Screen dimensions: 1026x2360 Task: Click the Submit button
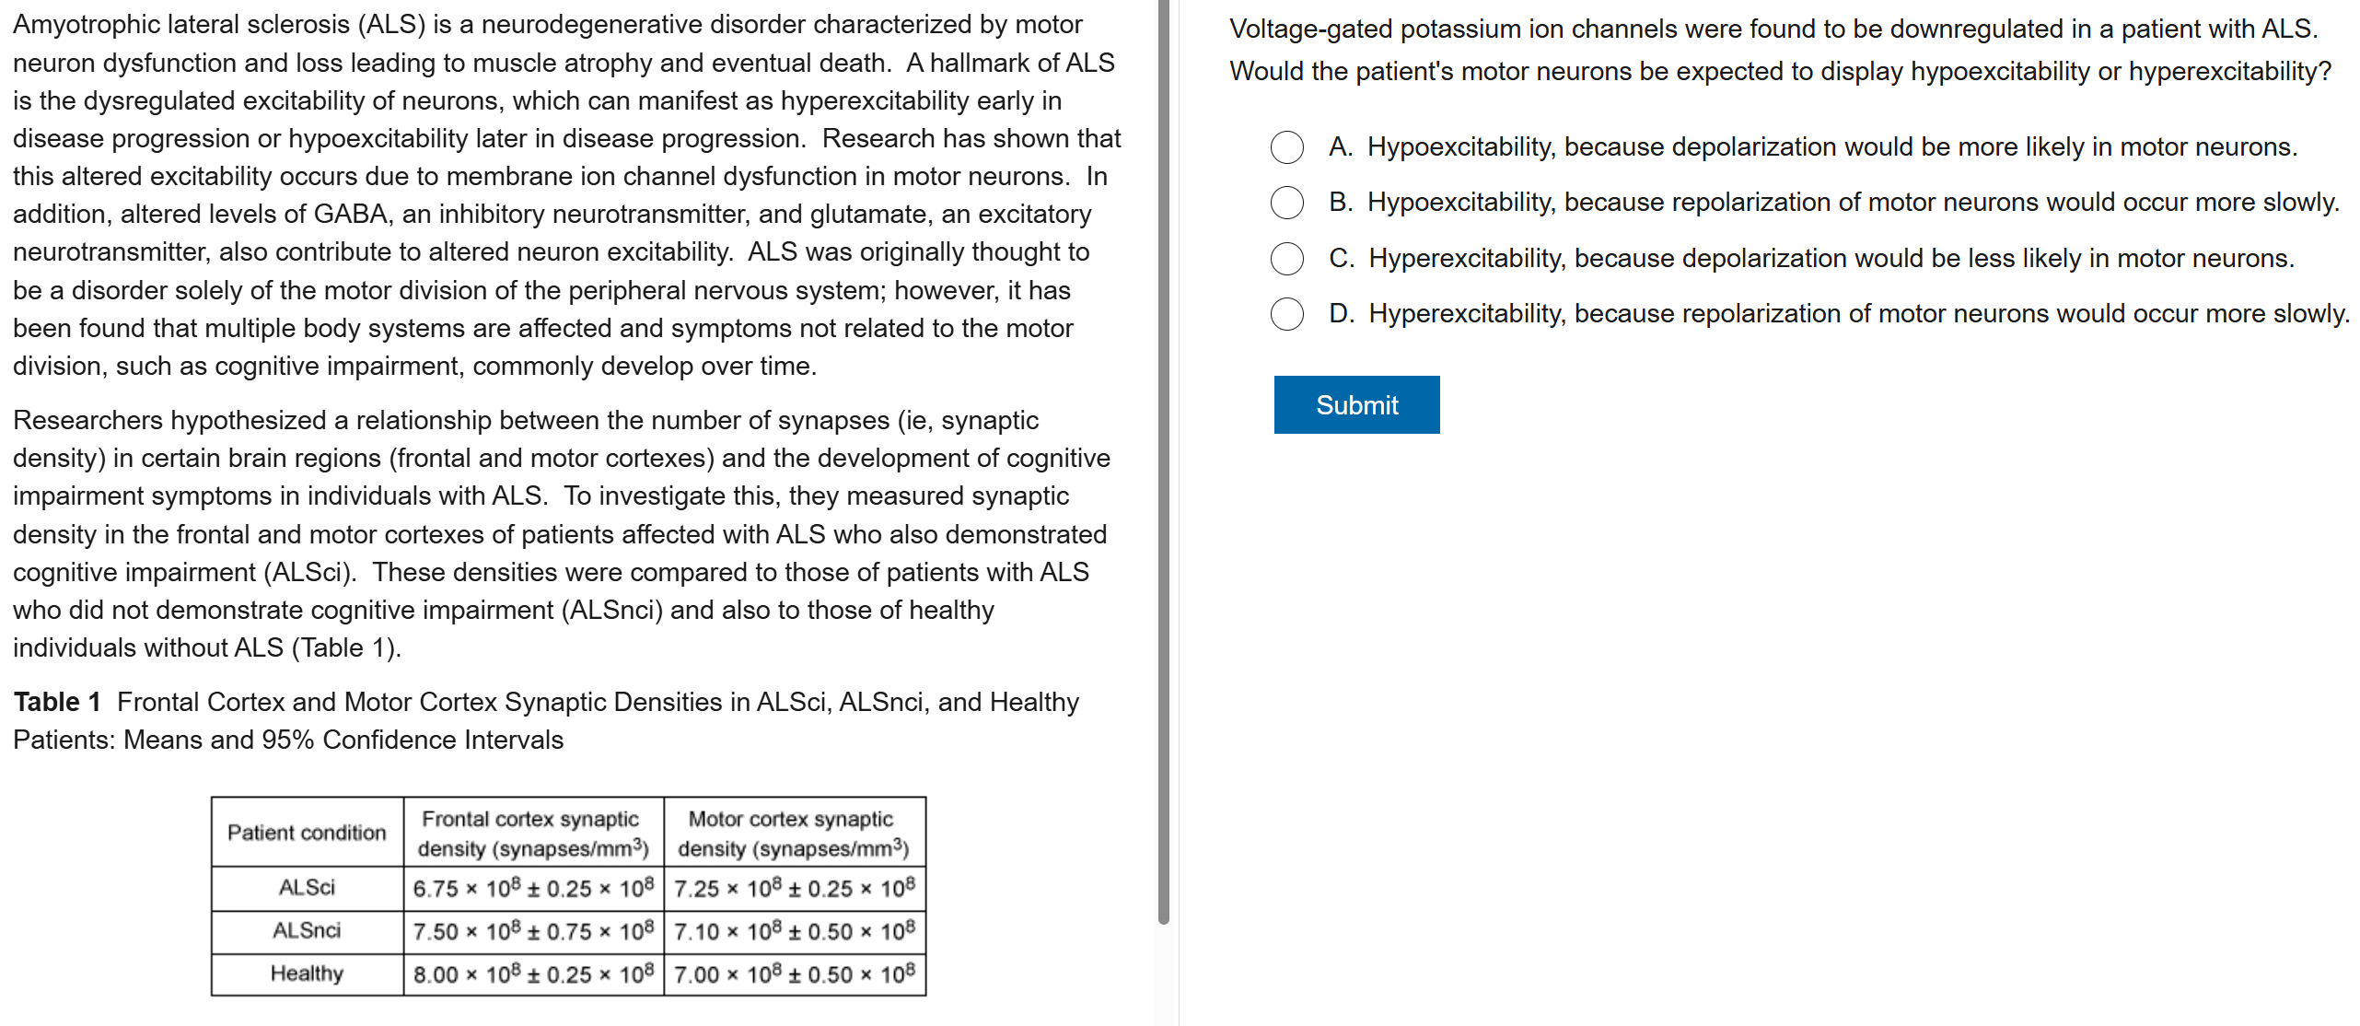pyautogui.click(x=1356, y=404)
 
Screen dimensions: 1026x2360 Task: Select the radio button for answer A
pyautogui.click(x=1286, y=147)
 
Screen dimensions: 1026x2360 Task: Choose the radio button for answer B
pyautogui.click(x=1286, y=203)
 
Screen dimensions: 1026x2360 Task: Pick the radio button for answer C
pyautogui.click(x=1286, y=259)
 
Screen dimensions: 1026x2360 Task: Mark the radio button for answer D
pyautogui.click(x=1286, y=314)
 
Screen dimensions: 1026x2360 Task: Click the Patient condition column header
pyautogui.click(x=307, y=833)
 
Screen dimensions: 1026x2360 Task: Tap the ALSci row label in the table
pyautogui.click(x=307, y=888)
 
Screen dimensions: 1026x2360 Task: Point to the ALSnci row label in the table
pyautogui.click(x=307, y=931)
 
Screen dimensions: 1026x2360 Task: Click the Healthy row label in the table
pyautogui.click(x=307, y=974)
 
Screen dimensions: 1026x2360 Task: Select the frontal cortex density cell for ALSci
pyautogui.click(x=533, y=888)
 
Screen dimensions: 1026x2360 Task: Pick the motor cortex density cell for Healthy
pyautogui.click(x=794, y=974)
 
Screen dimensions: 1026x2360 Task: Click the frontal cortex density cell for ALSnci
pyautogui.click(x=533, y=931)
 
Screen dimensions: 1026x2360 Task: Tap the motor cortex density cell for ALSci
pyautogui.click(x=794, y=888)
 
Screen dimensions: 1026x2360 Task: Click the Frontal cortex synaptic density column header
pyautogui.click(x=533, y=833)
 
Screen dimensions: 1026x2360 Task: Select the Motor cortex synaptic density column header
pyautogui.click(x=794, y=833)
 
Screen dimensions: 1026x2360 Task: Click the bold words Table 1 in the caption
pyautogui.click(x=57, y=703)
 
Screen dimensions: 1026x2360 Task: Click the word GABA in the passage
pyautogui.click(x=351, y=215)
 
